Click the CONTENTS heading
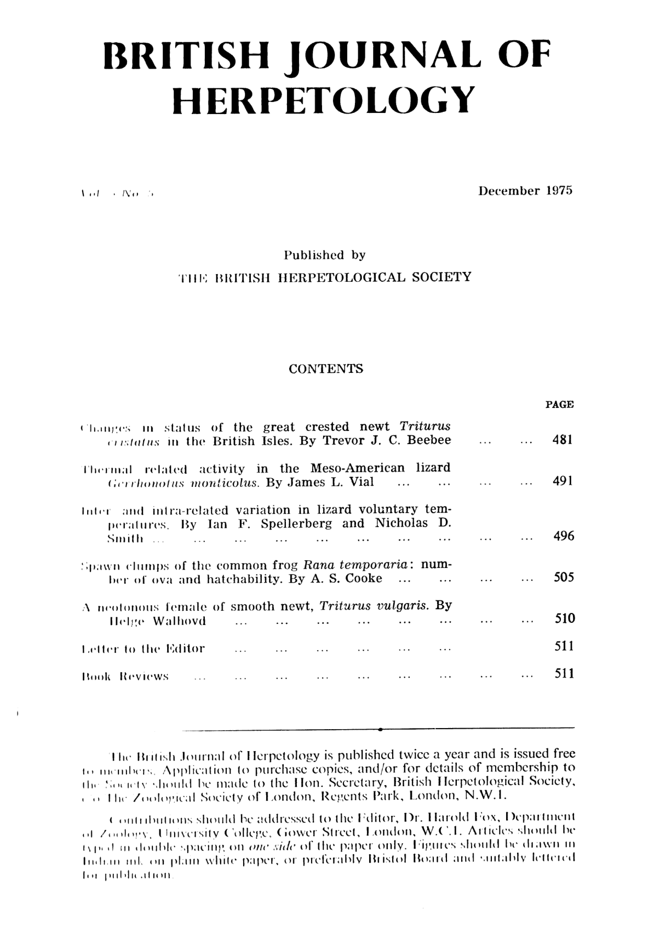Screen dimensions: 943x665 pos(326,369)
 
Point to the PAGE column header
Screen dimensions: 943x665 pos(559,405)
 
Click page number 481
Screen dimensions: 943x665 pos(562,441)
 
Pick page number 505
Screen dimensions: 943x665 pos(562,577)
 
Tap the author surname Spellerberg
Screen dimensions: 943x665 pos(296,523)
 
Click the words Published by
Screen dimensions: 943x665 pos(325,255)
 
